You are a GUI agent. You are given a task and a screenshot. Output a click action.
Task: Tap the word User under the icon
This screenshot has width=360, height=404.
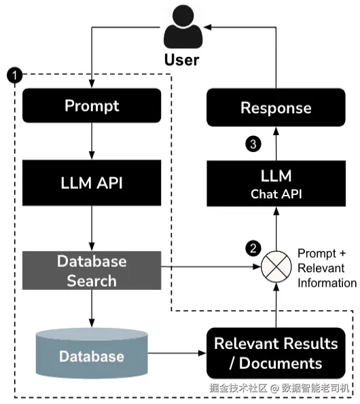pyautogui.click(x=181, y=60)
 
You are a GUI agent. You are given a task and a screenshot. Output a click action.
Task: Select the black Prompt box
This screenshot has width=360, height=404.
pyautogui.click(x=92, y=105)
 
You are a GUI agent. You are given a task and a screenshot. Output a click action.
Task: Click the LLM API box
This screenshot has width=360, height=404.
pyautogui.click(x=92, y=183)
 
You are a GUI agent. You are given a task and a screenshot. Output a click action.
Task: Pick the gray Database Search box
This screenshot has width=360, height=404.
pyautogui.click(x=92, y=270)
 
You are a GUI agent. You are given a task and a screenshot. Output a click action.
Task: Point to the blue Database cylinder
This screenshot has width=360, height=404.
pyautogui.click(x=92, y=353)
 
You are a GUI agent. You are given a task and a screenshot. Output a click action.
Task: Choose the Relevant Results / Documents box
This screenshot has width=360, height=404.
pyautogui.click(x=276, y=353)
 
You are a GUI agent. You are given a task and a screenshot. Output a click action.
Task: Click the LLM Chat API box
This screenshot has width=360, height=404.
pyautogui.click(x=276, y=183)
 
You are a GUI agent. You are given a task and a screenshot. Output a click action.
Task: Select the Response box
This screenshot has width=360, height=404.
pyautogui.click(x=276, y=107)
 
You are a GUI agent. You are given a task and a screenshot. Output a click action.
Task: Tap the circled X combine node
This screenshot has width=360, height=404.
pyautogui.click(x=276, y=267)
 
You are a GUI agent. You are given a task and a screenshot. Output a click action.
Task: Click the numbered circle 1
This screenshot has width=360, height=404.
pyautogui.click(x=15, y=75)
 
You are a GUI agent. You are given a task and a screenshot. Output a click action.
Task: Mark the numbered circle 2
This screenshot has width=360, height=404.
pyautogui.click(x=253, y=249)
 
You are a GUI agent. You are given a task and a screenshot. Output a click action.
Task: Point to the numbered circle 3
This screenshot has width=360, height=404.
pyautogui.click(x=253, y=144)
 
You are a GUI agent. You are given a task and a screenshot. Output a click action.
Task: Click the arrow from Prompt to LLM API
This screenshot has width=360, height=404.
pyautogui.click(x=92, y=141)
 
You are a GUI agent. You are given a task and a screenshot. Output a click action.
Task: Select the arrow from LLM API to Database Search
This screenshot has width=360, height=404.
pyautogui.click(x=92, y=229)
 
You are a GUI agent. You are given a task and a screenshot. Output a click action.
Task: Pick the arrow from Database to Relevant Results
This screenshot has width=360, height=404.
pyautogui.click(x=177, y=353)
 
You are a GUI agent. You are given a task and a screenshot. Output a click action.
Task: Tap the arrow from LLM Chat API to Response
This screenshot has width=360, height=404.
pyautogui.click(x=276, y=143)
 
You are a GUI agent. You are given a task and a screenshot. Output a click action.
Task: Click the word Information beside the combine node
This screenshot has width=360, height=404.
pyautogui.click(x=327, y=283)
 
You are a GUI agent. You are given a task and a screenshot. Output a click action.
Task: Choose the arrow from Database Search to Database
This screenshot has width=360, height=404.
pyautogui.click(x=92, y=309)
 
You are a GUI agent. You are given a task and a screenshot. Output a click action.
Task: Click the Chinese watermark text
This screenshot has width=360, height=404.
pyautogui.click(x=279, y=388)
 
